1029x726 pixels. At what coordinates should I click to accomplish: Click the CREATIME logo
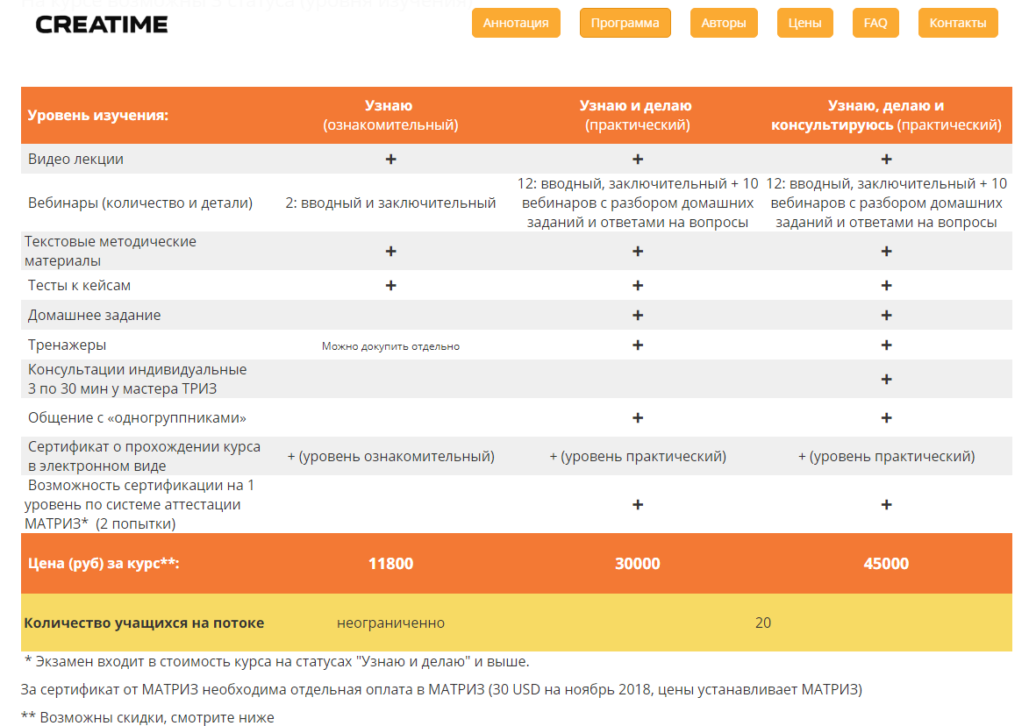102,25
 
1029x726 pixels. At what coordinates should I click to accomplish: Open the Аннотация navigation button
516,23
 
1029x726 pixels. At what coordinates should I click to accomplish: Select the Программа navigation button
625,23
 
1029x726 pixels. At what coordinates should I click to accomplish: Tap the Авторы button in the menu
724,23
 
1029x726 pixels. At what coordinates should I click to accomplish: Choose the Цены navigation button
804,23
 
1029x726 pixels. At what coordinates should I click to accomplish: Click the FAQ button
875,23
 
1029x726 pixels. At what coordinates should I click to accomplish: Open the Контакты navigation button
957,23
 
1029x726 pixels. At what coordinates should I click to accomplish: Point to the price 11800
390,564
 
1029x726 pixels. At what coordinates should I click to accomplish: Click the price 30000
638,564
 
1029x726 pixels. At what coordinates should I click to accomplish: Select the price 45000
886,564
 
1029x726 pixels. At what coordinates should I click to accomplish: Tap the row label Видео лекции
75,160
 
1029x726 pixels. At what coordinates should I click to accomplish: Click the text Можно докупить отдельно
390,346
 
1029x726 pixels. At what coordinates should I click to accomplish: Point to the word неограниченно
390,623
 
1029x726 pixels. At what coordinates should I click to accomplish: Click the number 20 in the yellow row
762,623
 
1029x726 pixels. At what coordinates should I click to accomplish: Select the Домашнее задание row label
94,315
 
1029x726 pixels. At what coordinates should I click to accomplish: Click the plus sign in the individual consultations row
886,380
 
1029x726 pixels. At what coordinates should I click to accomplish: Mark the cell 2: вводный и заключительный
390,203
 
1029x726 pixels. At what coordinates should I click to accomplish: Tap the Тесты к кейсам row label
79,286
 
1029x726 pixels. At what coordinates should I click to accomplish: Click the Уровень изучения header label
97,116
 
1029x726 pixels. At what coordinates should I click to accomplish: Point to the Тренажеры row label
67,345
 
